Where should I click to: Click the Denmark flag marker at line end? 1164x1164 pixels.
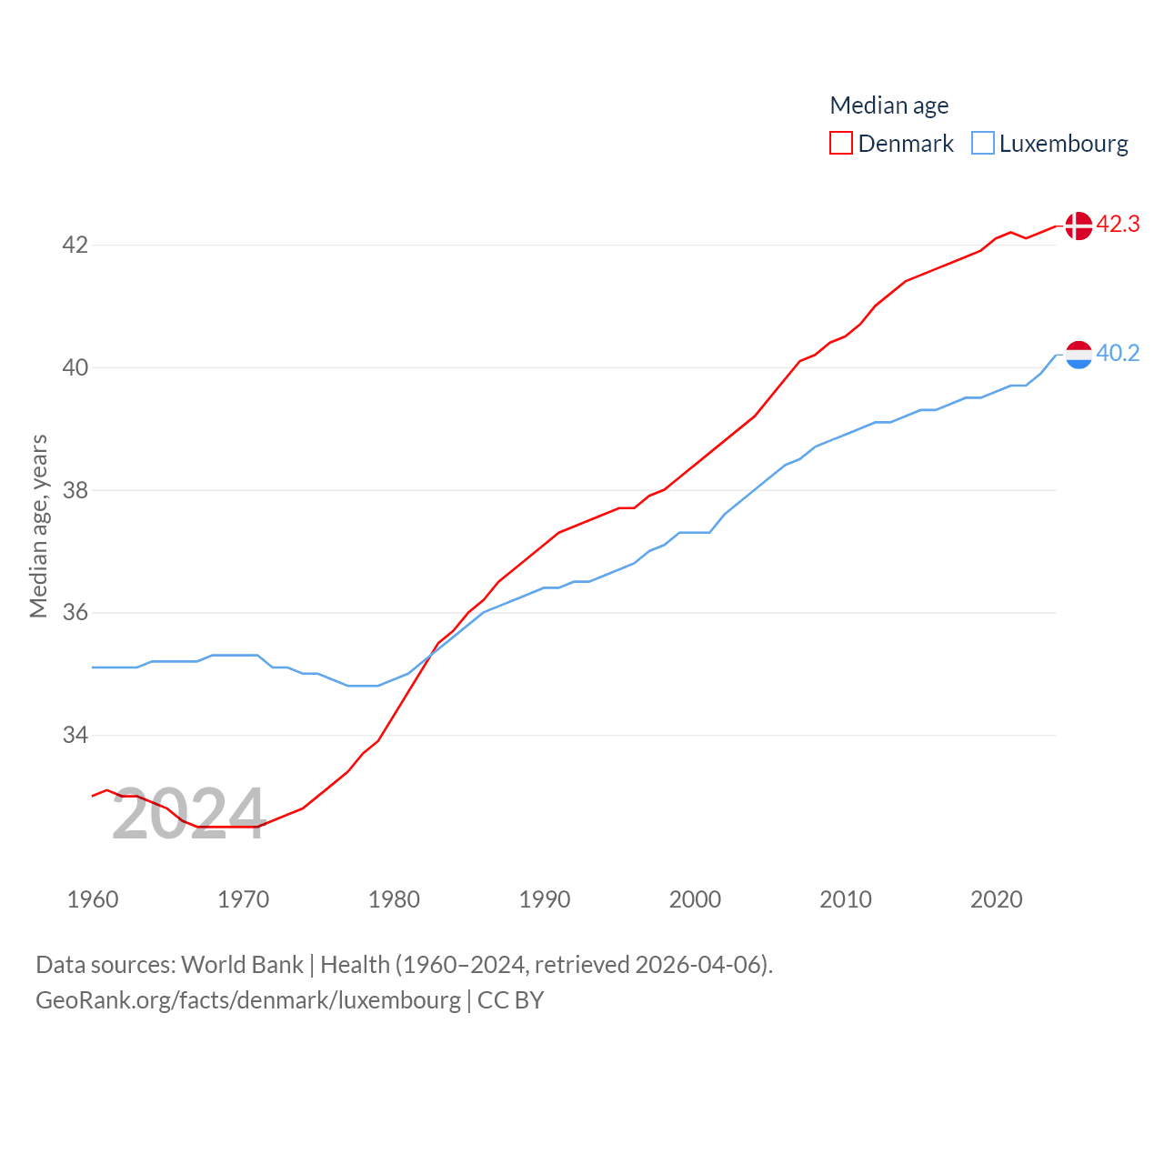tap(1079, 226)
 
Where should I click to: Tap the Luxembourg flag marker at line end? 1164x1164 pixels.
tap(1079, 355)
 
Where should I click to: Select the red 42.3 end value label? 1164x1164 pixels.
tap(1118, 224)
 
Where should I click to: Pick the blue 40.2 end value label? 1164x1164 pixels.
tap(1118, 353)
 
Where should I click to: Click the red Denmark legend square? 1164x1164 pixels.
tap(841, 144)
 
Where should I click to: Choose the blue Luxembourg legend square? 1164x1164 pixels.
tap(983, 144)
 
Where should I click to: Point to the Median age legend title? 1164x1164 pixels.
tap(888, 105)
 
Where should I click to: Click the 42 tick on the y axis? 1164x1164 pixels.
tap(75, 246)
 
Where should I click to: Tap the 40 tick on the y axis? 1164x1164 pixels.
tap(75, 367)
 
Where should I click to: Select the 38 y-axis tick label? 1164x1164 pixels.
tap(75, 490)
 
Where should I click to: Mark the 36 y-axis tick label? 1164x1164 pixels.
tap(75, 612)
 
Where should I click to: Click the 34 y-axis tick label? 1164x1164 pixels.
tap(75, 735)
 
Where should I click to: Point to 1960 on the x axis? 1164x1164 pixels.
tap(93, 899)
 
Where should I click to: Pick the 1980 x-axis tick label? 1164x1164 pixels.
tap(394, 899)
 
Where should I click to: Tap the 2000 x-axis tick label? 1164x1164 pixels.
tap(695, 899)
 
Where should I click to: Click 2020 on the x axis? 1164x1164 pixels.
tap(996, 899)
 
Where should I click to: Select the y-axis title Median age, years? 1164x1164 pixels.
tap(38, 527)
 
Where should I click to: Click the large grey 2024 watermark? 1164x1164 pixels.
tap(188, 814)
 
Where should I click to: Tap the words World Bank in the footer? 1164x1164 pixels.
tap(242, 965)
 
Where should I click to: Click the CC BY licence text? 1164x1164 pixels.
tap(510, 1000)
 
